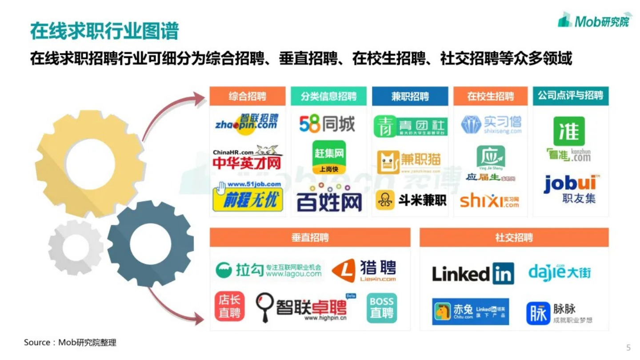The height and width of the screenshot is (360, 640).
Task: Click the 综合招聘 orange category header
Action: (x=248, y=96)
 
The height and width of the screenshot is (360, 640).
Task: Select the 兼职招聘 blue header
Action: (x=410, y=96)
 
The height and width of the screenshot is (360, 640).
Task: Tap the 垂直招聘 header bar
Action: (x=310, y=237)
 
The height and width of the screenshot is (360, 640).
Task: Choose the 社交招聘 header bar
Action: (x=514, y=237)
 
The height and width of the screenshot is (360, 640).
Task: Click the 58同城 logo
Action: (x=327, y=124)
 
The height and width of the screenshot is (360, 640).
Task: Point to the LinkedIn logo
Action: (x=473, y=273)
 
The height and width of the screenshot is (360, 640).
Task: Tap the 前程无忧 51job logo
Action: (x=248, y=196)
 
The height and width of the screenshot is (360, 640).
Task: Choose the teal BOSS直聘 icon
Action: (x=381, y=308)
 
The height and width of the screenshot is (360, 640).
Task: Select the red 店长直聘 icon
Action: (x=229, y=306)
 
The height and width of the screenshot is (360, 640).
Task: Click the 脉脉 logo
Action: (x=559, y=313)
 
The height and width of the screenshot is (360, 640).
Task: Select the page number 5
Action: (x=628, y=348)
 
